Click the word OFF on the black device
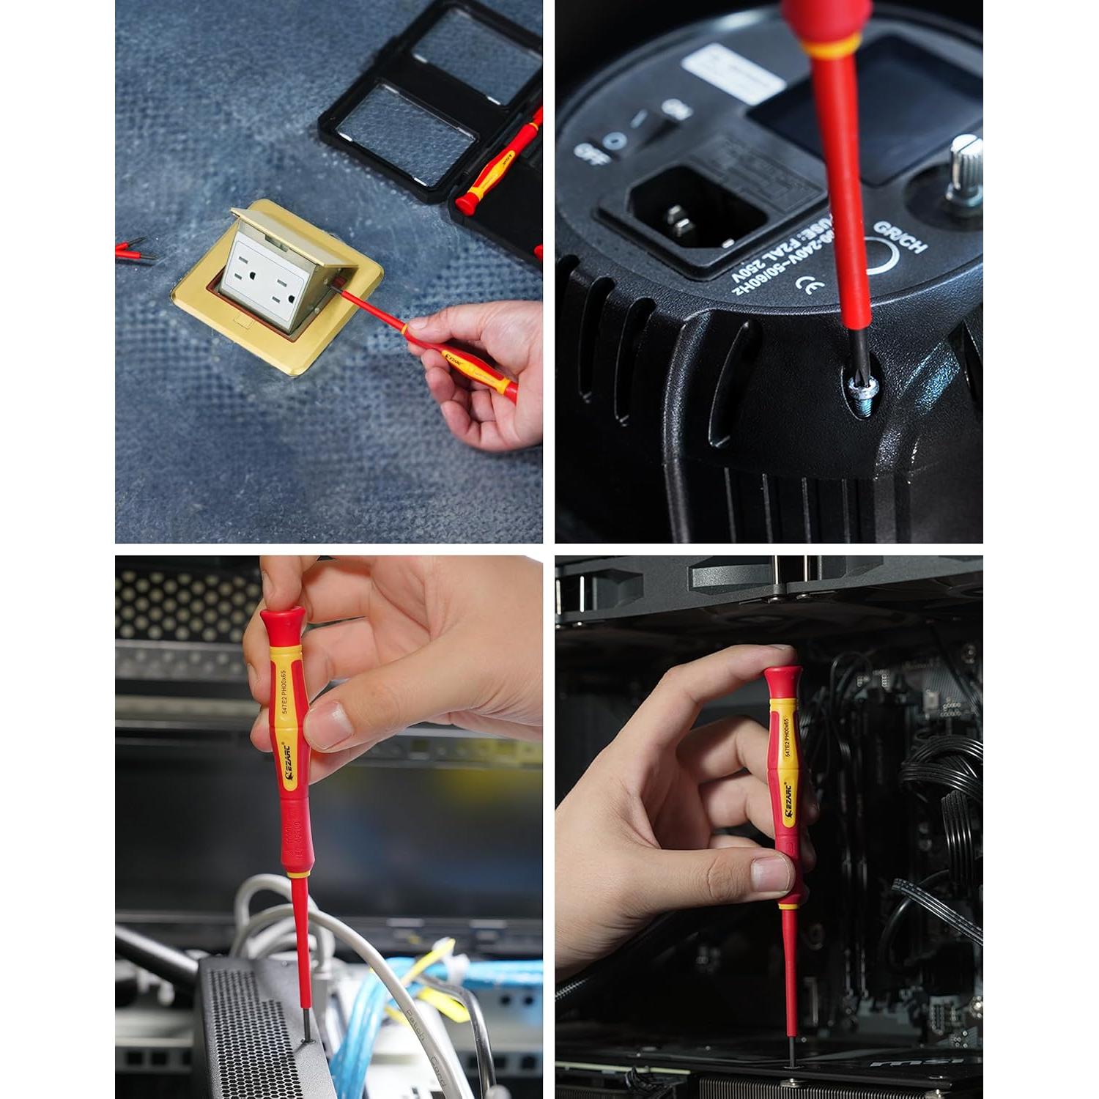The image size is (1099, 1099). pyautogui.click(x=587, y=153)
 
